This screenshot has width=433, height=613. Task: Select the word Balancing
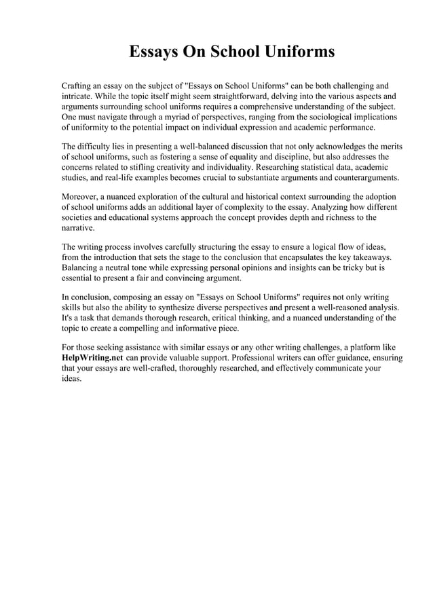click(83, 268)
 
